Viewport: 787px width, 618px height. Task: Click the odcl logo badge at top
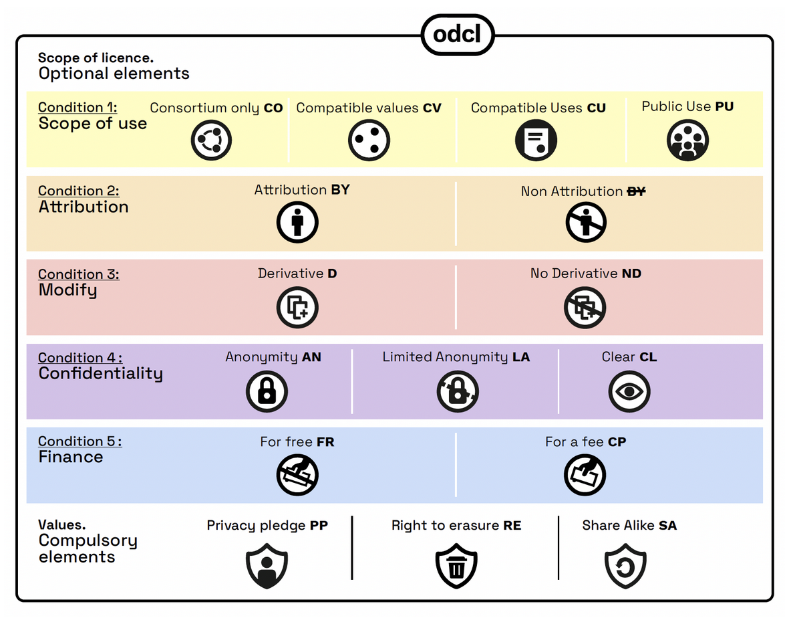coord(457,33)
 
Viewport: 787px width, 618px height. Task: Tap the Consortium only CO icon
coord(211,140)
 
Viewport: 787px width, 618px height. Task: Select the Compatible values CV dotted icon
coord(369,140)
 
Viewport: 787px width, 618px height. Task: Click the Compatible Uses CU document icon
coord(536,140)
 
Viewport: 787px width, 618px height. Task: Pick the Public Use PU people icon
coord(687,140)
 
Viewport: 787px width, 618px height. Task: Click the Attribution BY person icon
coord(297,223)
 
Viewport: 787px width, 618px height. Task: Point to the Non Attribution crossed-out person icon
coord(586,223)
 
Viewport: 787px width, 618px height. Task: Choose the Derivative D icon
coord(297,307)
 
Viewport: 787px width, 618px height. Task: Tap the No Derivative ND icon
coord(586,307)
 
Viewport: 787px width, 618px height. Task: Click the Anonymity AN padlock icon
coord(267,391)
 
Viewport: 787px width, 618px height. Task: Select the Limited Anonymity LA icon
coord(458,391)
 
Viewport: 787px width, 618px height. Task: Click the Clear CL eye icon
coord(629,391)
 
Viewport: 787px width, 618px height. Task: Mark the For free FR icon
coord(297,475)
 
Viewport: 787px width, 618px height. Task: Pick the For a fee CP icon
coord(585,475)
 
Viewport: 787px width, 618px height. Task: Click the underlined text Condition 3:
coord(79,274)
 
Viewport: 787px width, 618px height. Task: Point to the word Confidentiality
coord(100,373)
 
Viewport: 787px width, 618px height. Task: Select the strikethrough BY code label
coord(636,191)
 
